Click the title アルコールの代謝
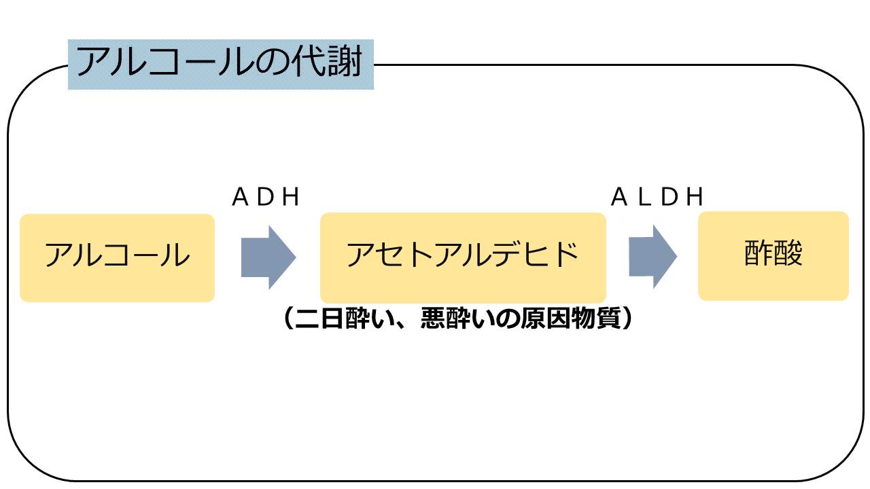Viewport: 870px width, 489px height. [220, 63]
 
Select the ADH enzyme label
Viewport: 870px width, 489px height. [266, 198]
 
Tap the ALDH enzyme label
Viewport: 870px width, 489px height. [657, 198]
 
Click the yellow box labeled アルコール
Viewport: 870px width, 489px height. [117, 257]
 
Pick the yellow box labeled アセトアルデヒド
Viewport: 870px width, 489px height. [463, 257]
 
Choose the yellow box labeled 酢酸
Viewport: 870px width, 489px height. [773, 255]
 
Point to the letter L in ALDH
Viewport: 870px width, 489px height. [646, 198]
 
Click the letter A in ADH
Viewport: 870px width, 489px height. [240, 198]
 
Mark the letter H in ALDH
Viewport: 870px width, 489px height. [694, 198]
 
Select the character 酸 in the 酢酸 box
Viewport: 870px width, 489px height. [788, 255]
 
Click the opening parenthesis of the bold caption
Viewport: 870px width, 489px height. [288, 319]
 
